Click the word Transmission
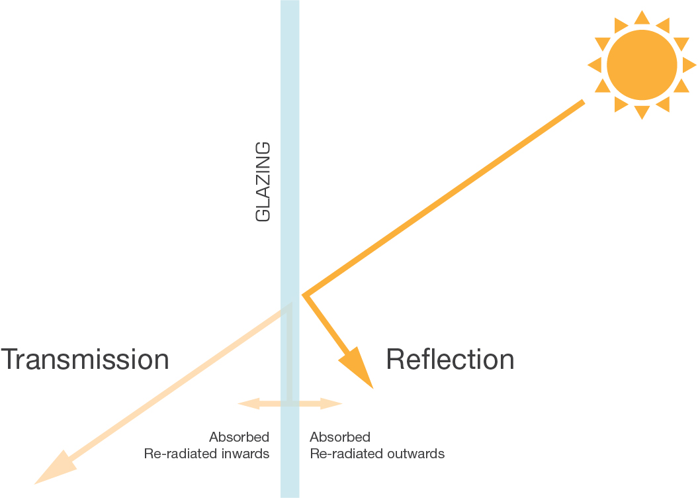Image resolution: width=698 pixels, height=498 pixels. (85, 360)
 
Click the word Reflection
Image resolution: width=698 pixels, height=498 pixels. (450, 360)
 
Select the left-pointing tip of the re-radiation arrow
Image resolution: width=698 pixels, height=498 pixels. (244, 402)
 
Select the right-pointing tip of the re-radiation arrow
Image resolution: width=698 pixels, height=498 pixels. (335, 402)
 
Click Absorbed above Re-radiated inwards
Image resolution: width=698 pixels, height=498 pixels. (239, 437)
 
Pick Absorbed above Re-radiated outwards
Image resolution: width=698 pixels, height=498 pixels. (340, 437)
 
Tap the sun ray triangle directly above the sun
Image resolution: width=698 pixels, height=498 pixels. (642, 17)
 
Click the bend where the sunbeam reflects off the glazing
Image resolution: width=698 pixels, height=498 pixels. (305, 295)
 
